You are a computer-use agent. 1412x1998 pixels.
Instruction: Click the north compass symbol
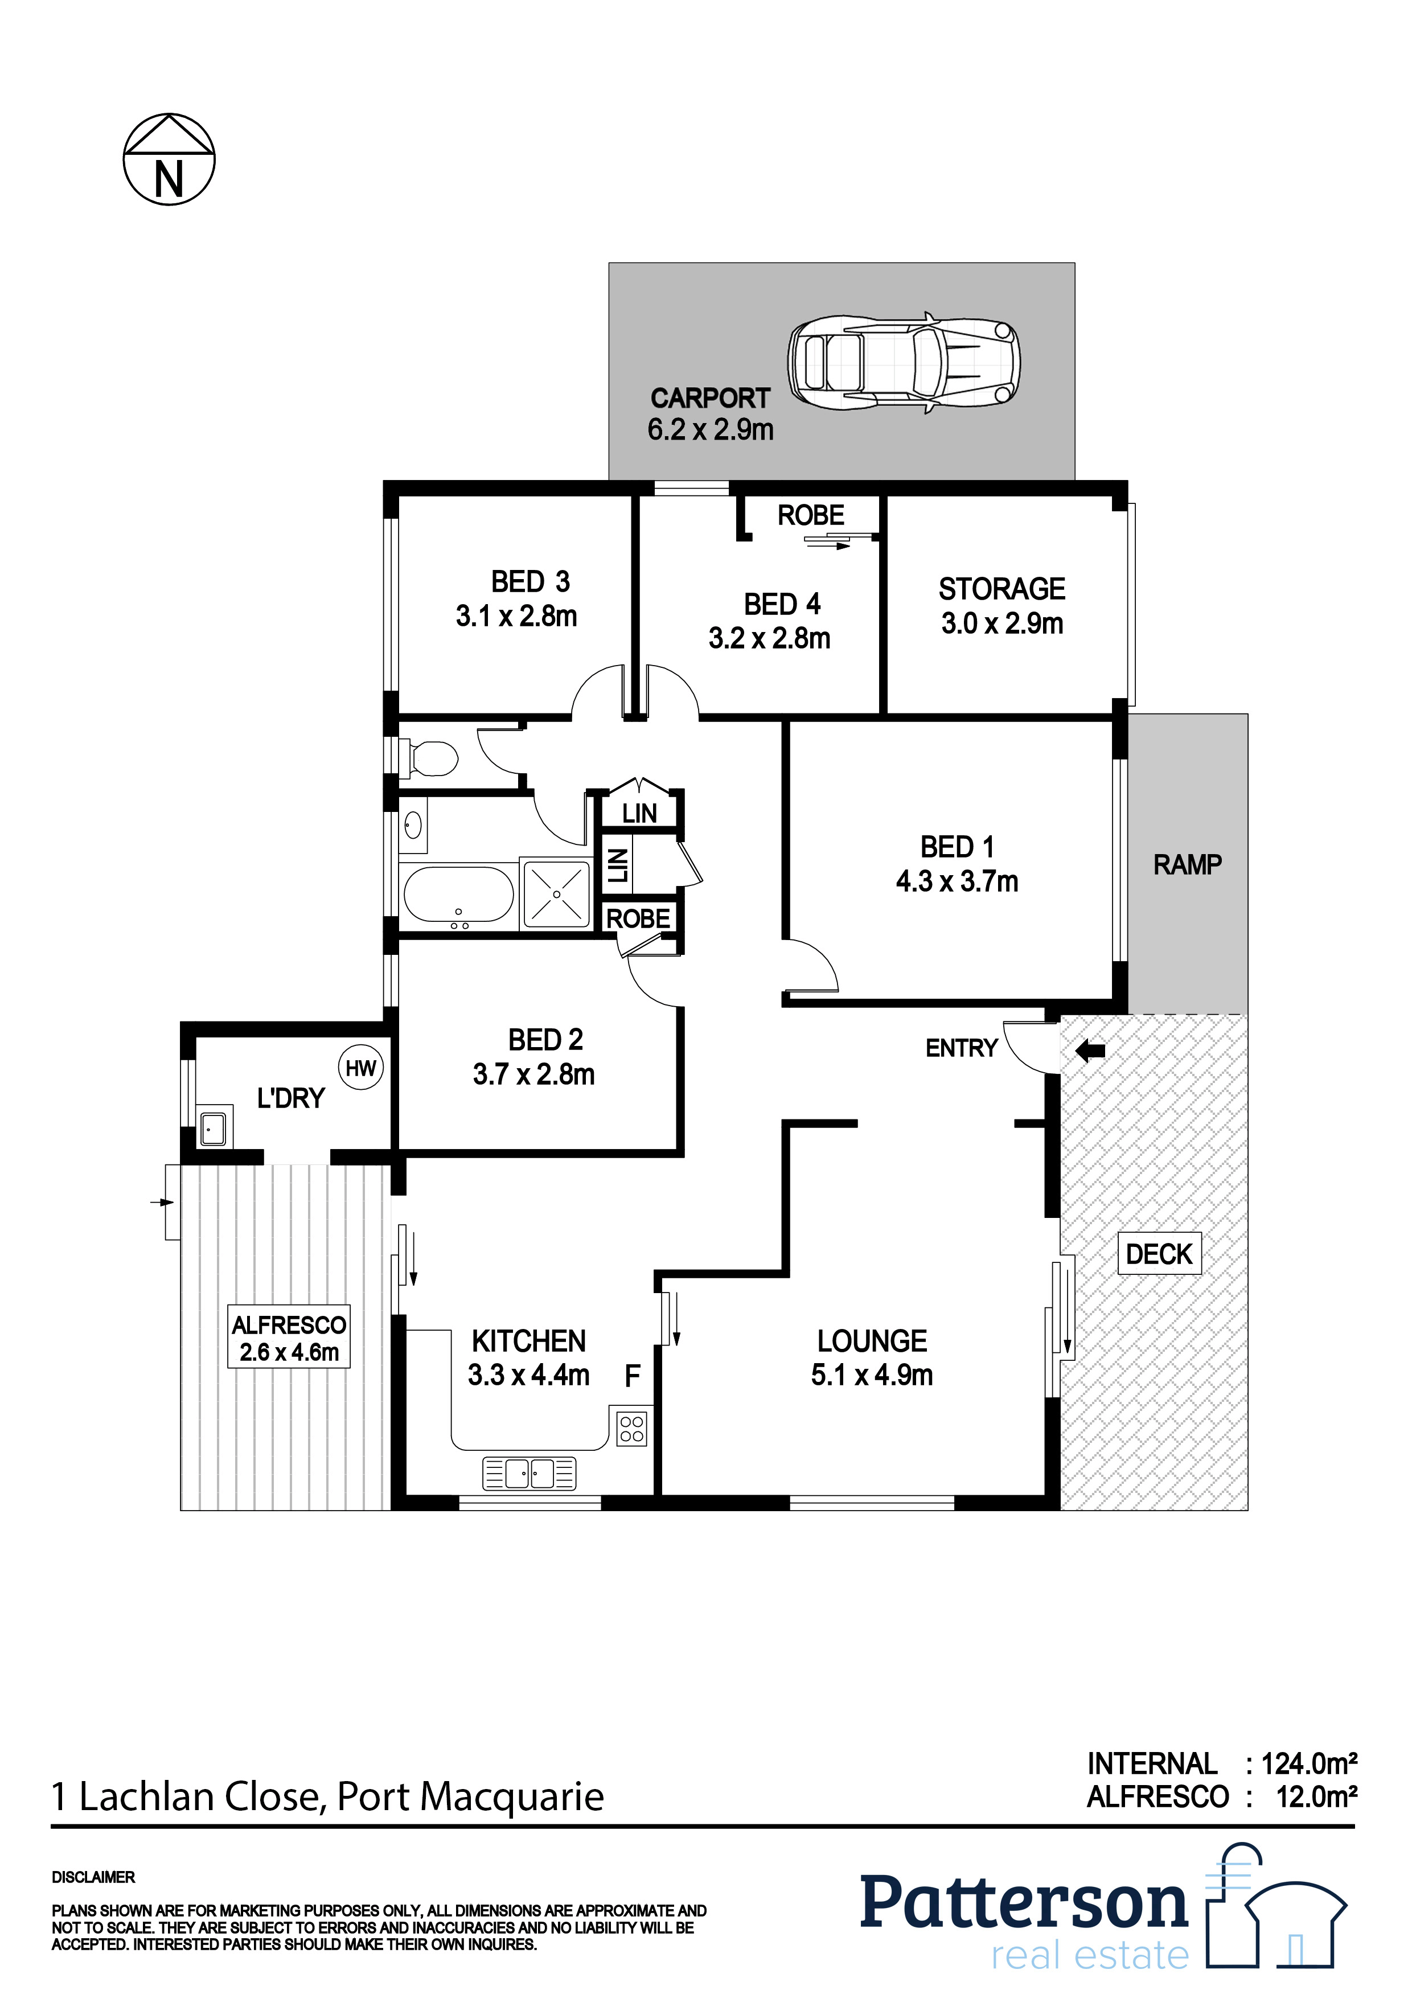[x=169, y=160]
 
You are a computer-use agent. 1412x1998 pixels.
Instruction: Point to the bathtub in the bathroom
[x=458, y=896]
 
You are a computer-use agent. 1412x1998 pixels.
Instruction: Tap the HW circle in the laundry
[x=360, y=1069]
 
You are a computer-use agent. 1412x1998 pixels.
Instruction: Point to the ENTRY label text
[x=961, y=1049]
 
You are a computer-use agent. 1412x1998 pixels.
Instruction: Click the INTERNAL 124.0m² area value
[x=1308, y=1764]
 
